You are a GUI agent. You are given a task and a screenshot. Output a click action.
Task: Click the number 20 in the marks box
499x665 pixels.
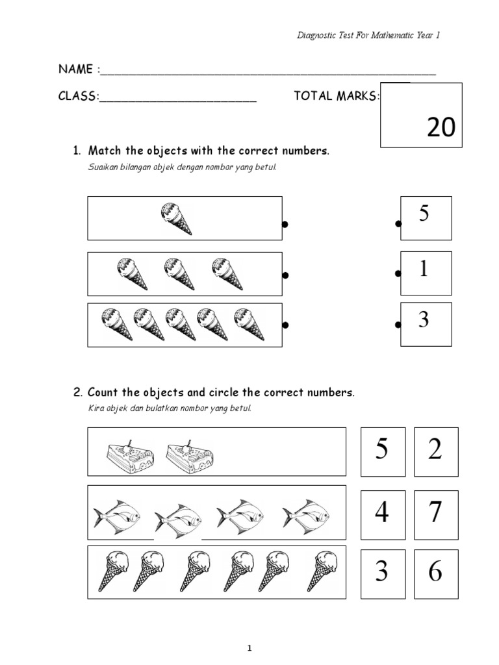click(x=441, y=128)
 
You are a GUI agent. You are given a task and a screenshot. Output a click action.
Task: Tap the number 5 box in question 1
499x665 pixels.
click(x=426, y=218)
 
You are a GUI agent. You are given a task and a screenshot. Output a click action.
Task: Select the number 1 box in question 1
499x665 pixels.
click(x=426, y=272)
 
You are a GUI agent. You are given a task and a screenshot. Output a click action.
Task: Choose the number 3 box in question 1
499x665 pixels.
click(x=426, y=323)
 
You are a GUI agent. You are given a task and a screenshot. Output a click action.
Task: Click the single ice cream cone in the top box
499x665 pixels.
click(x=177, y=219)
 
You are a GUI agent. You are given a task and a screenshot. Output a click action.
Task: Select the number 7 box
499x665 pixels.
click(x=435, y=512)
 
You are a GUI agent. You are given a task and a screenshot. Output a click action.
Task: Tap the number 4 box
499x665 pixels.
click(x=383, y=512)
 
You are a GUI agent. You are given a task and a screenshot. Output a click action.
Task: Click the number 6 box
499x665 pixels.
click(x=435, y=572)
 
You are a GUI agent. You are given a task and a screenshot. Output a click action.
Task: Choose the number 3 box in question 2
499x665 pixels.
click(x=383, y=572)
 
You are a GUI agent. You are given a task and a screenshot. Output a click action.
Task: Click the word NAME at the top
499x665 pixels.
click(x=76, y=69)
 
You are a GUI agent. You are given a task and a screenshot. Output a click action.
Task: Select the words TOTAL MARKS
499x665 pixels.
click(x=336, y=96)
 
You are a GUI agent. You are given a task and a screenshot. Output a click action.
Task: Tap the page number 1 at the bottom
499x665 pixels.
click(x=249, y=647)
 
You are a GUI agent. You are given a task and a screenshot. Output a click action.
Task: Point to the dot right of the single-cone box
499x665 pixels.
click(x=285, y=225)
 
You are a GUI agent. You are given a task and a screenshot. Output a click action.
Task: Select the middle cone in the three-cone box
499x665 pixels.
click(x=179, y=273)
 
